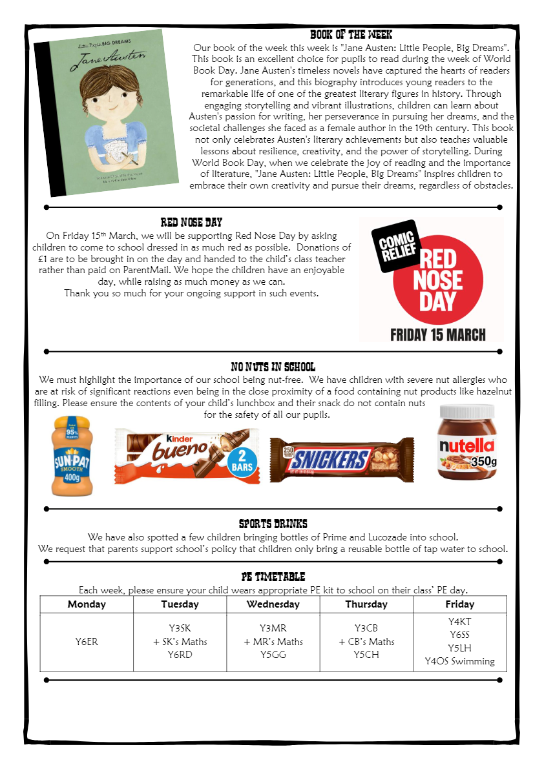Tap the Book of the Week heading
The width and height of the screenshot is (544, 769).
click(x=351, y=35)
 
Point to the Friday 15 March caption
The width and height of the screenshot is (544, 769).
click(x=437, y=334)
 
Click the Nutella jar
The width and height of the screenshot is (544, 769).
click(x=467, y=442)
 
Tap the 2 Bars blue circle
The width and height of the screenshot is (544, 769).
click(x=242, y=462)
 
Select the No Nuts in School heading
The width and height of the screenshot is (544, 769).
click(x=273, y=367)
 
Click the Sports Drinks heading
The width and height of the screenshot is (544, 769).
click(x=273, y=524)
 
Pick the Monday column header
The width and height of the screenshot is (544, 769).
click(x=87, y=604)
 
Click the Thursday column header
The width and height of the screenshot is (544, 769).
click(x=366, y=604)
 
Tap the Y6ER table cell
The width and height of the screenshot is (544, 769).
click(x=87, y=642)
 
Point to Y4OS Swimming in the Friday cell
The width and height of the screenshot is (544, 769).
click(x=459, y=661)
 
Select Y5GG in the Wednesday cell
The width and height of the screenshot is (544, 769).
click(x=273, y=654)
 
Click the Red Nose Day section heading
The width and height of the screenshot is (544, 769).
click(x=191, y=223)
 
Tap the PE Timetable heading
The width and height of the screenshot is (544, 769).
click(x=273, y=577)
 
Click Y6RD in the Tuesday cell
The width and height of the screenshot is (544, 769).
click(x=180, y=654)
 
